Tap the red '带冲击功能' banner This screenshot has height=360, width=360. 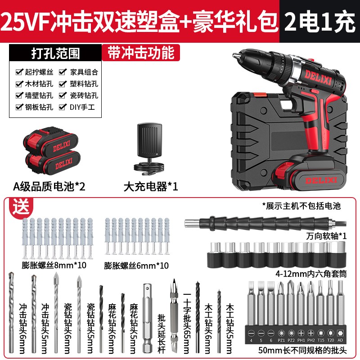(140, 53)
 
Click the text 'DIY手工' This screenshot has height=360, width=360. (84, 107)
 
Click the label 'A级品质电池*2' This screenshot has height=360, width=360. (52, 186)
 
